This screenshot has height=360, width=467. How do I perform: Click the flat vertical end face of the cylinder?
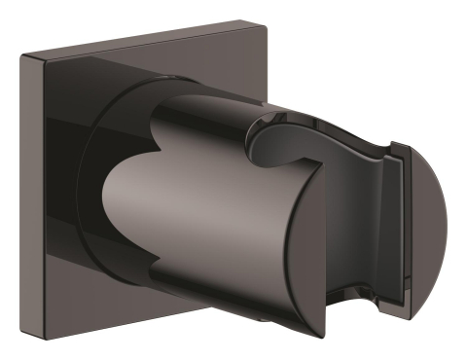292,243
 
